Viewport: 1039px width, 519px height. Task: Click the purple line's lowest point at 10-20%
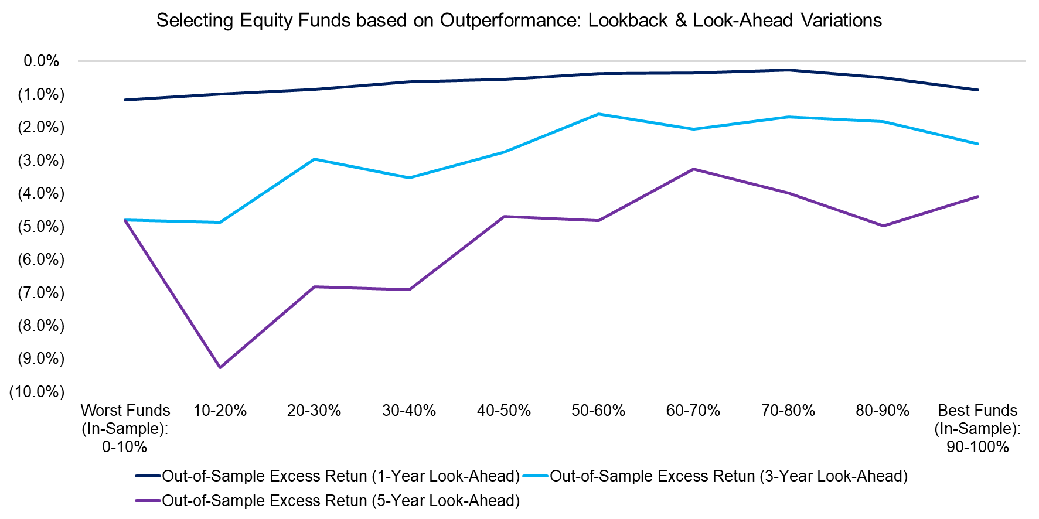pyautogui.click(x=220, y=367)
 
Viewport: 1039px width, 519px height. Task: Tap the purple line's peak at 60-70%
pyautogui.click(x=693, y=169)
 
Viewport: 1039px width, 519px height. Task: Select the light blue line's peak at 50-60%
pyautogui.click(x=598, y=114)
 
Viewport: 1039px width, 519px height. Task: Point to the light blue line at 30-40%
pyautogui.click(x=409, y=177)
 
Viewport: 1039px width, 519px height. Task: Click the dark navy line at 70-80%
pyautogui.click(x=788, y=70)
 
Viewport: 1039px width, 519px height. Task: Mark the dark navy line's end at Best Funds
pyautogui.click(x=977, y=90)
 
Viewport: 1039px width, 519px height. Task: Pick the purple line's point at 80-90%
pyautogui.click(x=883, y=226)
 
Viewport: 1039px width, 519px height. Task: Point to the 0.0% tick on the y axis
pyautogui.click(x=41, y=61)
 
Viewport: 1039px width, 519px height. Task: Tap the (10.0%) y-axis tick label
pyautogui.click(x=37, y=392)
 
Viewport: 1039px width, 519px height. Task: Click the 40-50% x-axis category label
pyautogui.click(x=503, y=411)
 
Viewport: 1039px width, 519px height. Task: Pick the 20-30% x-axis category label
pyautogui.click(x=314, y=411)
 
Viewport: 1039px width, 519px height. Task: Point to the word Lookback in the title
pyautogui.click(x=628, y=21)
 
